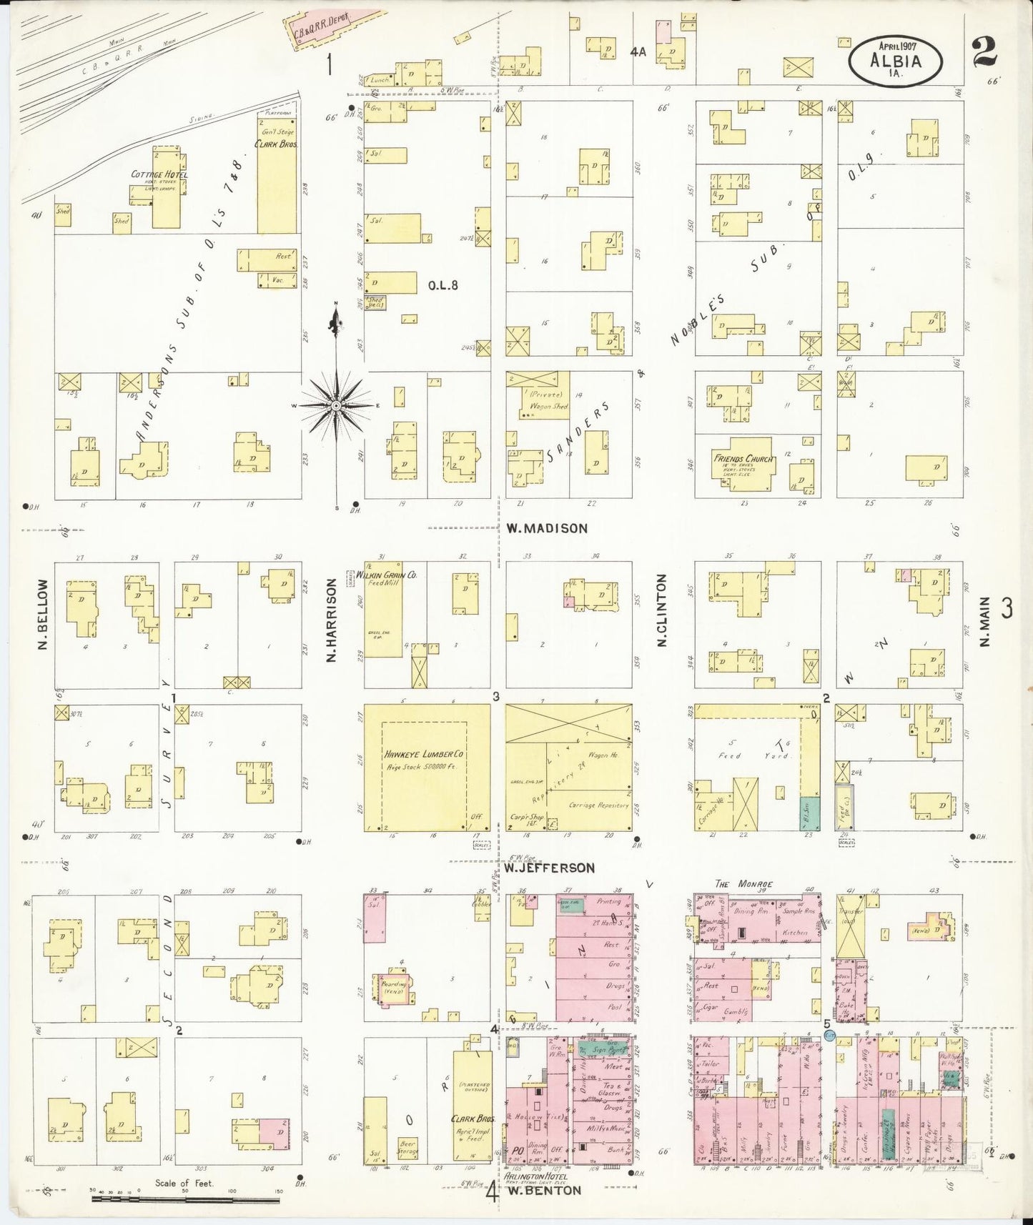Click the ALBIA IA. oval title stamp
click(895, 61)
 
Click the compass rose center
click(335, 406)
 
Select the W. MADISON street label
click(547, 529)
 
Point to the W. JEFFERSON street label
click(548, 868)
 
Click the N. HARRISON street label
click(331, 620)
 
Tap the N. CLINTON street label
click(661, 610)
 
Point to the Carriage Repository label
click(599, 805)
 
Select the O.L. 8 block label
click(443, 286)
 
